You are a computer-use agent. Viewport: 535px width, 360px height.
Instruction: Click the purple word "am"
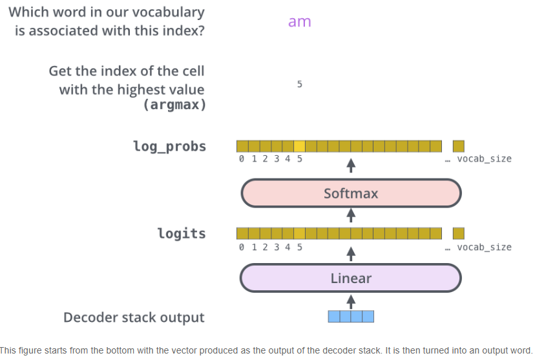tap(299, 21)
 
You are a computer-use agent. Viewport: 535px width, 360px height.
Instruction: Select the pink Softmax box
tap(351, 193)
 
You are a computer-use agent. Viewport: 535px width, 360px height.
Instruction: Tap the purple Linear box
tap(351, 279)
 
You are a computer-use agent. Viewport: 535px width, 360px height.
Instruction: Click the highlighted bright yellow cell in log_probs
tap(299, 146)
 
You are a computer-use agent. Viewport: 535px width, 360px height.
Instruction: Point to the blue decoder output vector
tap(351, 317)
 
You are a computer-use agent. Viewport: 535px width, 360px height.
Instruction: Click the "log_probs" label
tap(169, 146)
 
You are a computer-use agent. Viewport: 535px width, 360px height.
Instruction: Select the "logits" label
tap(182, 233)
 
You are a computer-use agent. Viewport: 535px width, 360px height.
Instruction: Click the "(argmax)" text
tap(174, 105)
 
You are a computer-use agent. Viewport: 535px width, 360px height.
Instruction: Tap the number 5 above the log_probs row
tap(300, 84)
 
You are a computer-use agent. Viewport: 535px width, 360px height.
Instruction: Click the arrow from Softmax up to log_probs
tap(351, 165)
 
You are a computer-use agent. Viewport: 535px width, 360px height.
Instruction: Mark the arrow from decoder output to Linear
tap(351, 301)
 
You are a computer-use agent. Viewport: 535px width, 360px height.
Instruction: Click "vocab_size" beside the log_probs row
tap(484, 159)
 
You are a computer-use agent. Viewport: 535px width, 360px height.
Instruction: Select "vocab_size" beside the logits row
tap(484, 247)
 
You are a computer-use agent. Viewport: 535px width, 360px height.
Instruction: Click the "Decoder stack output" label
tap(134, 317)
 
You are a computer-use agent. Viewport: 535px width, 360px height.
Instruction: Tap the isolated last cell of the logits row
tap(459, 233)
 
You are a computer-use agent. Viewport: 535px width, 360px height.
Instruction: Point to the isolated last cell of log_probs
tap(459, 146)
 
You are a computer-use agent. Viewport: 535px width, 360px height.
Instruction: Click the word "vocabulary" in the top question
tap(162, 12)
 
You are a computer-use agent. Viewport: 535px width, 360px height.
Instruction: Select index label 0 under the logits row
tap(242, 247)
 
